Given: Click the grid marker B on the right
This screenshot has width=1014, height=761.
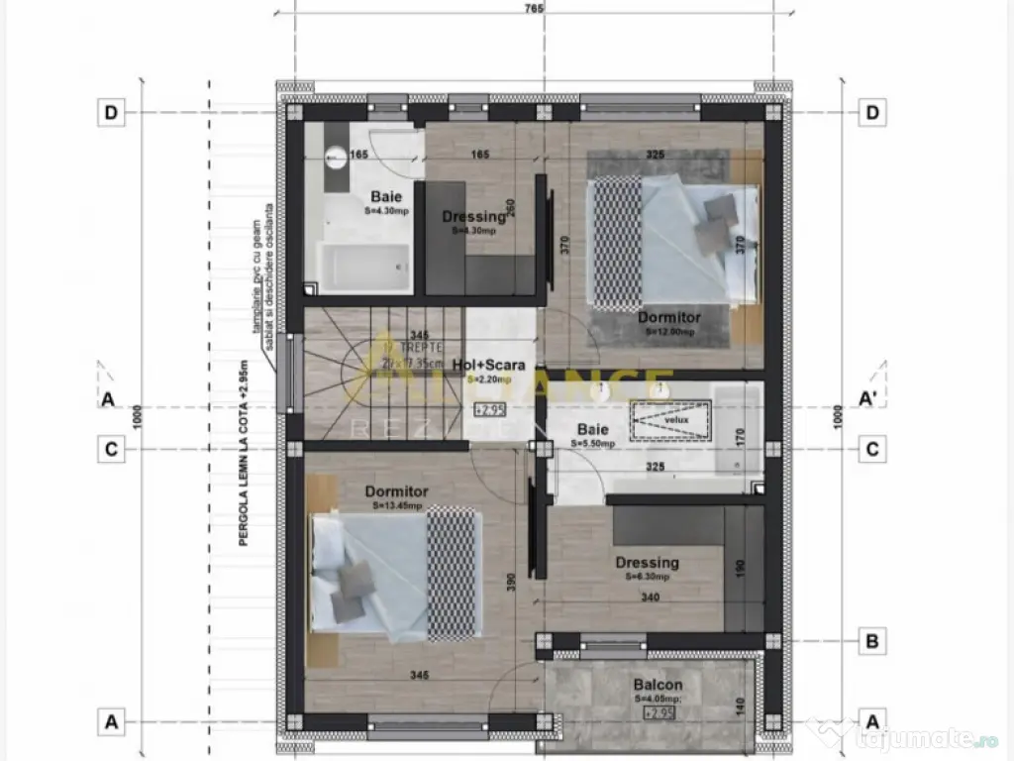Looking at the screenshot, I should [872, 641].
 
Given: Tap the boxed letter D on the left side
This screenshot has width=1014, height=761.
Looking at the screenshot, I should [111, 113].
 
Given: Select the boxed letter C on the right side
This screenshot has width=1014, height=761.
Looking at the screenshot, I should [872, 449].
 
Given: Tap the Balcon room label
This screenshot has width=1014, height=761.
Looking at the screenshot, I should [658, 685].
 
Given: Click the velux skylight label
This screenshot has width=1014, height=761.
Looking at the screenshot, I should [675, 419].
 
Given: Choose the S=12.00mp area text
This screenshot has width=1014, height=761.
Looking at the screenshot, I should [669, 332].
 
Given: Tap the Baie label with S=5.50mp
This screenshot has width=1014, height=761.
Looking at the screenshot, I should [592, 430].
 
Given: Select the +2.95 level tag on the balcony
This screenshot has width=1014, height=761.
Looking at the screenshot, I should [659, 711].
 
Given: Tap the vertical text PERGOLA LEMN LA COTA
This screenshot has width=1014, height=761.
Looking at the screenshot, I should [244, 465].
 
